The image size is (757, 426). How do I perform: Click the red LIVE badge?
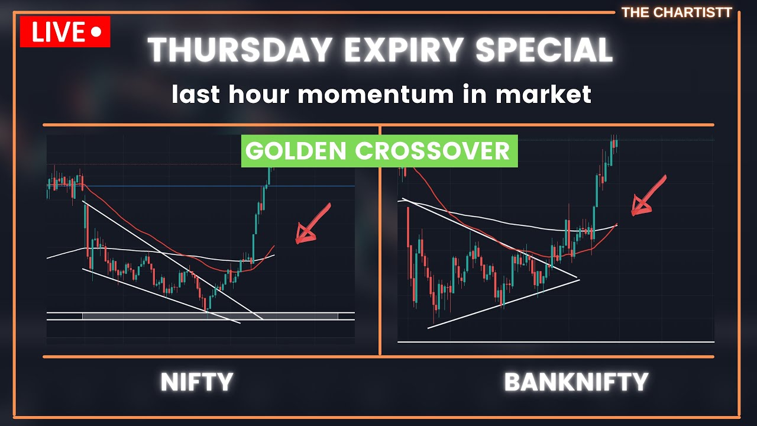pos(65,32)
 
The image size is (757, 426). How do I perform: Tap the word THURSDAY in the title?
pos(240,50)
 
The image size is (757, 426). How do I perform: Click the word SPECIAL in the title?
pos(544,50)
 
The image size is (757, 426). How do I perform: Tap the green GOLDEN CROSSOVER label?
pos(379,151)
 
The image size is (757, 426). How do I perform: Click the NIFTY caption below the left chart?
pos(197,382)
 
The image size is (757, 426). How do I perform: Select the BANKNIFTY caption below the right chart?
pos(576,382)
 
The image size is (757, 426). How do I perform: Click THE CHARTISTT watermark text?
pos(677,12)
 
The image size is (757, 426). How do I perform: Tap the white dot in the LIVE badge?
pos(96,33)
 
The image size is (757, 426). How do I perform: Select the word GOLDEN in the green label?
pos(296,151)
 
